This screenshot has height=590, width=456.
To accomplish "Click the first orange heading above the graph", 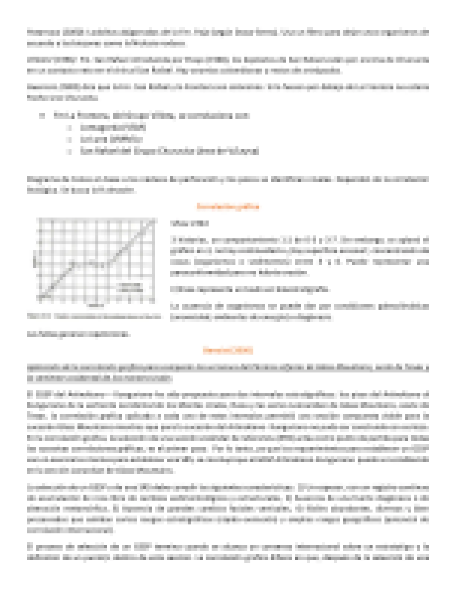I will pyautogui.click(x=228, y=206).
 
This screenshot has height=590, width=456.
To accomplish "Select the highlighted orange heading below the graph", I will pyautogui.click(x=228, y=350).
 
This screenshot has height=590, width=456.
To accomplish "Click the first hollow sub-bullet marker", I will pyautogui.click(x=69, y=128).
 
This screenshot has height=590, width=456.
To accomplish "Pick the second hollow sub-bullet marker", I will pyautogui.click(x=69, y=140).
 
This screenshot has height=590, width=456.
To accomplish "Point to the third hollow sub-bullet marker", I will pyautogui.click(x=69, y=151).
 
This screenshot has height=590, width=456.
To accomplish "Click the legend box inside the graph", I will pyautogui.click(x=130, y=287).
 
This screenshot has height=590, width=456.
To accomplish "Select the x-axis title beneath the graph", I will pyautogui.click(x=96, y=306).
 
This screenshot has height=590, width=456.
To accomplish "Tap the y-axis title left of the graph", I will pyautogui.click(x=34, y=263).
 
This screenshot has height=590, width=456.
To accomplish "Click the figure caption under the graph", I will pyautogui.click(x=94, y=317).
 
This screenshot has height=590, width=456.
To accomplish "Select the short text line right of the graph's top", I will pyautogui.click(x=189, y=223).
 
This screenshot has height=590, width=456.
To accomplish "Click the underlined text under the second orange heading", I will pyautogui.click(x=228, y=373).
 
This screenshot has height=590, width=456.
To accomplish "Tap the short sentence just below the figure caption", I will pyautogui.click(x=78, y=334).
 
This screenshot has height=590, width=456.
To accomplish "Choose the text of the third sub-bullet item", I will pyautogui.click(x=170, y=151).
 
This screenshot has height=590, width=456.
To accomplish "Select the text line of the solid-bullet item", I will pyautogui.click(x=151, y=116).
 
